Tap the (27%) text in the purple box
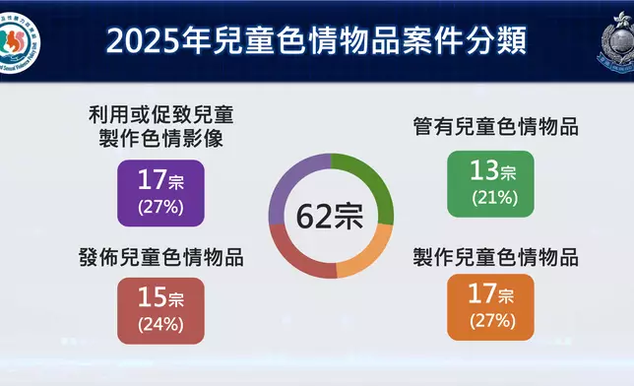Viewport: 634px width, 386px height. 161,207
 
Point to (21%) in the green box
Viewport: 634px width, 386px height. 491,198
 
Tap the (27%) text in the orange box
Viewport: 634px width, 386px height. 491,320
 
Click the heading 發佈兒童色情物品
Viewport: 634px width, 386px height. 160,260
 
